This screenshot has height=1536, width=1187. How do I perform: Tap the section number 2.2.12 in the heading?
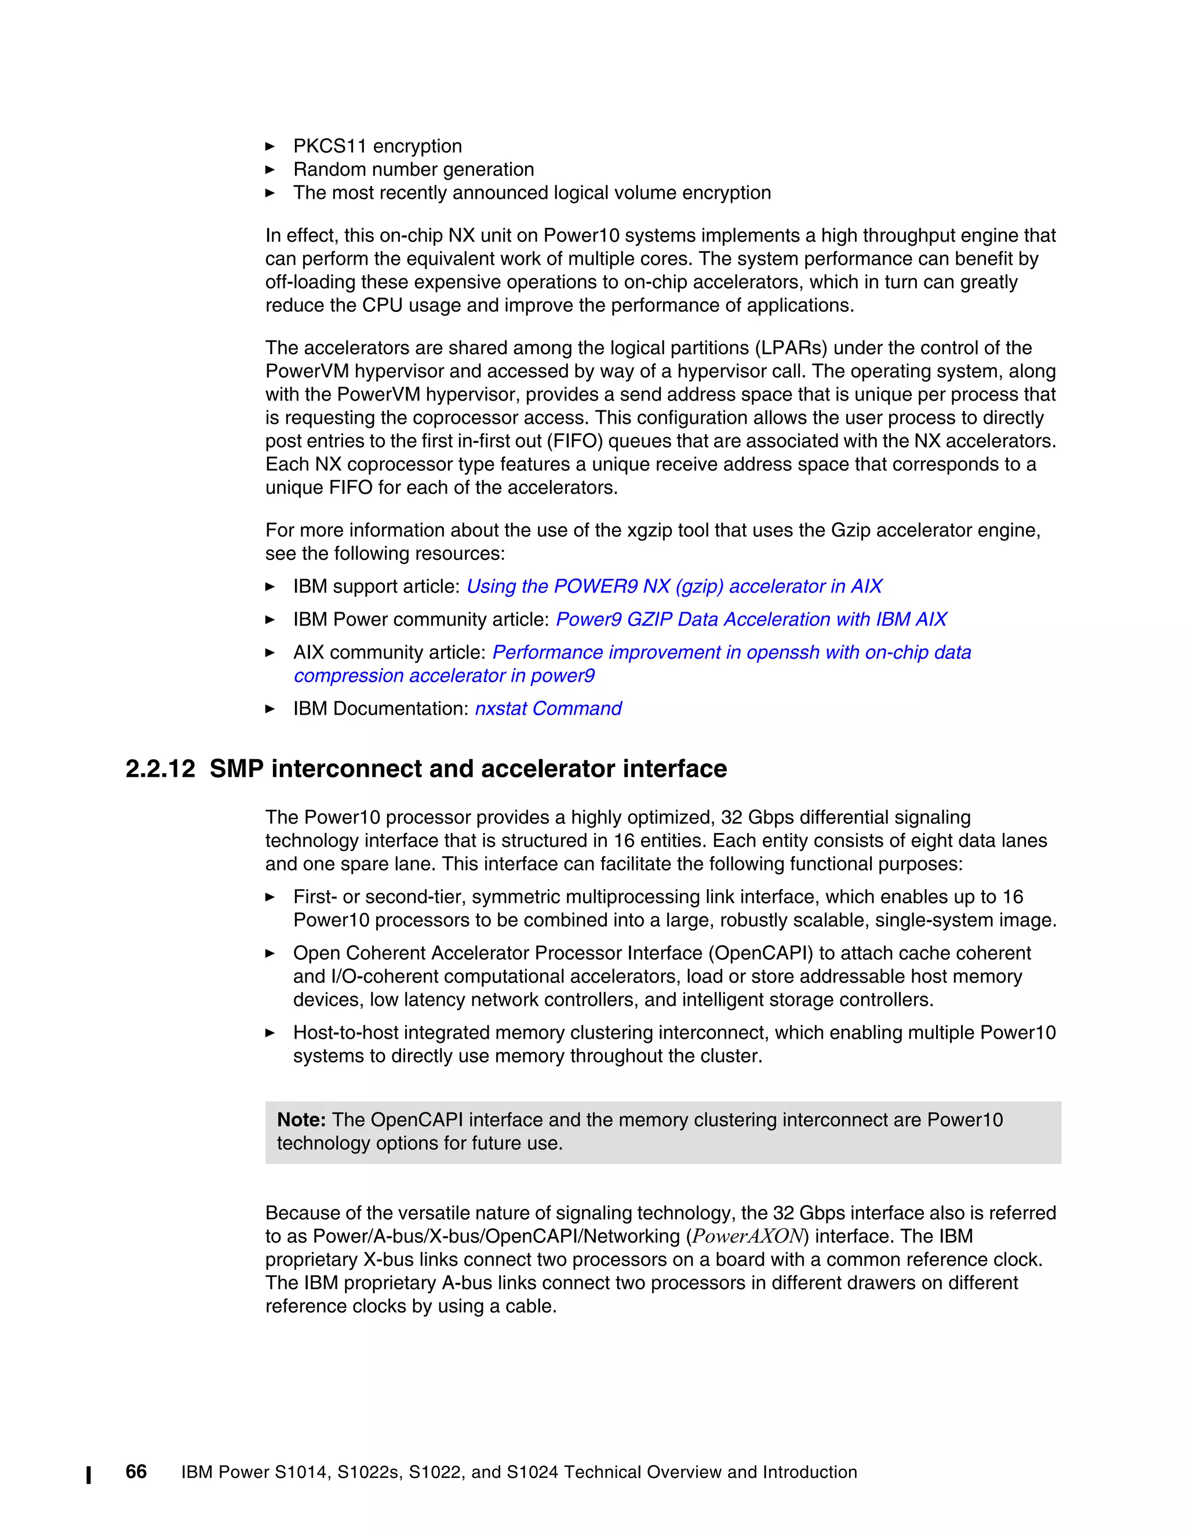[x=161, y=769]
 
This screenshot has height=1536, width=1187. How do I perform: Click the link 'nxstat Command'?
[x=548, y=708]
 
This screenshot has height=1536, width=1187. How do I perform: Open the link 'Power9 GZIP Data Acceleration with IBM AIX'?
[x=751, y=619]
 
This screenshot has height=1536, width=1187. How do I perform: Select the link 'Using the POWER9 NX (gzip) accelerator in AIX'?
[x=673, y=586]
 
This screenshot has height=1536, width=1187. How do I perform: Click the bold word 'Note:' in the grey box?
[x=301, y=1120]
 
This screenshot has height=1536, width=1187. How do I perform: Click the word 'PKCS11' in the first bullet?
[x=330, y=146]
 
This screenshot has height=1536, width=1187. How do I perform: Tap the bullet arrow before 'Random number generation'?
[x=270, y=169]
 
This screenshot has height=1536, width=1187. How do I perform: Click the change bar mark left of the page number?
[x=89, y=1475]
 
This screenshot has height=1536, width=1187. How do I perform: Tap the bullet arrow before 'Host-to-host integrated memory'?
[x=270, y=1032]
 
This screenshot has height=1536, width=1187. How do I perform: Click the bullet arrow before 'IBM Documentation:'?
[x=270, y=708]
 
